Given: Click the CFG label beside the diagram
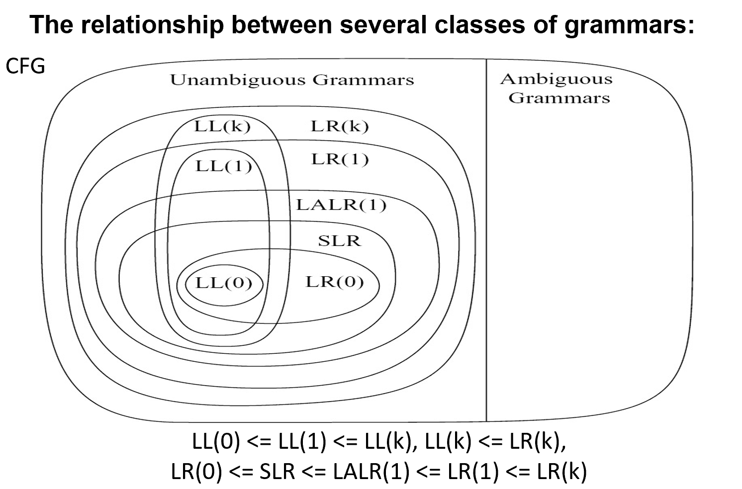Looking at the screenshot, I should click(25, 66).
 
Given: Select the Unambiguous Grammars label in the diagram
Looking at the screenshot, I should click(292, 80).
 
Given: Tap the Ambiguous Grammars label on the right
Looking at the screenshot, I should click(556, 88).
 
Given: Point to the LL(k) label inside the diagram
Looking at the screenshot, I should click(222, 126).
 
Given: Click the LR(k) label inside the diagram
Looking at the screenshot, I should click(340, 126).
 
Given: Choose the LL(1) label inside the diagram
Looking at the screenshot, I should click(223, 165).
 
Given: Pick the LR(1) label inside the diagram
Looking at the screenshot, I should click(340, 160).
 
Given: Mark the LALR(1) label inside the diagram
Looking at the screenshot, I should click(341, 205).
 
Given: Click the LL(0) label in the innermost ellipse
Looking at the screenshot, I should click(223, 283).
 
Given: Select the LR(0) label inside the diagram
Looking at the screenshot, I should click(334, 282).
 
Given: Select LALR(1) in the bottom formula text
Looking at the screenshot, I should click(371, 472).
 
